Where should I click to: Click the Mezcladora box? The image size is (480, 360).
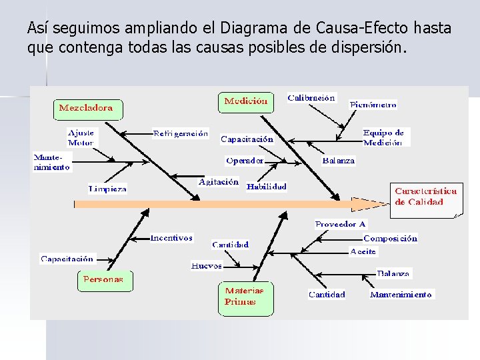tap(87, 108)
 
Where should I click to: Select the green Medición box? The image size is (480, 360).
tap(245, 102)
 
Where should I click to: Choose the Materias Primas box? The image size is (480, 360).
tap(245, 297)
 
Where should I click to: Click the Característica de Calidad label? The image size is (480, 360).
tap(426, 197)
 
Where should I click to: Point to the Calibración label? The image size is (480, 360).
tap(311, 98)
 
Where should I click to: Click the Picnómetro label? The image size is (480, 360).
tap(373, 104)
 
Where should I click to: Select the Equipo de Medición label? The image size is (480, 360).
tap(383, 137)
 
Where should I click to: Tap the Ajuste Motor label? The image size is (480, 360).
tap(81, 137)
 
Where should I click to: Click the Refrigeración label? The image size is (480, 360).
tap(181, 133)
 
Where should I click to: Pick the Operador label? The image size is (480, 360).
tap(245, 161)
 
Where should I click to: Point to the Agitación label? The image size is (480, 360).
tap(218, 182)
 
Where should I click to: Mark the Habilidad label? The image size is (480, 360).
tap(266, 187)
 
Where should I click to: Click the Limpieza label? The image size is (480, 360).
tap(107, 189)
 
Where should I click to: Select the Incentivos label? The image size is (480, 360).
tap(171, 237)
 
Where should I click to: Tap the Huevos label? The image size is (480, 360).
tap(207, 265)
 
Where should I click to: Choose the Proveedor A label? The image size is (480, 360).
tap(340, 225)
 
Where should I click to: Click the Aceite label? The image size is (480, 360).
tap(363, 251)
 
